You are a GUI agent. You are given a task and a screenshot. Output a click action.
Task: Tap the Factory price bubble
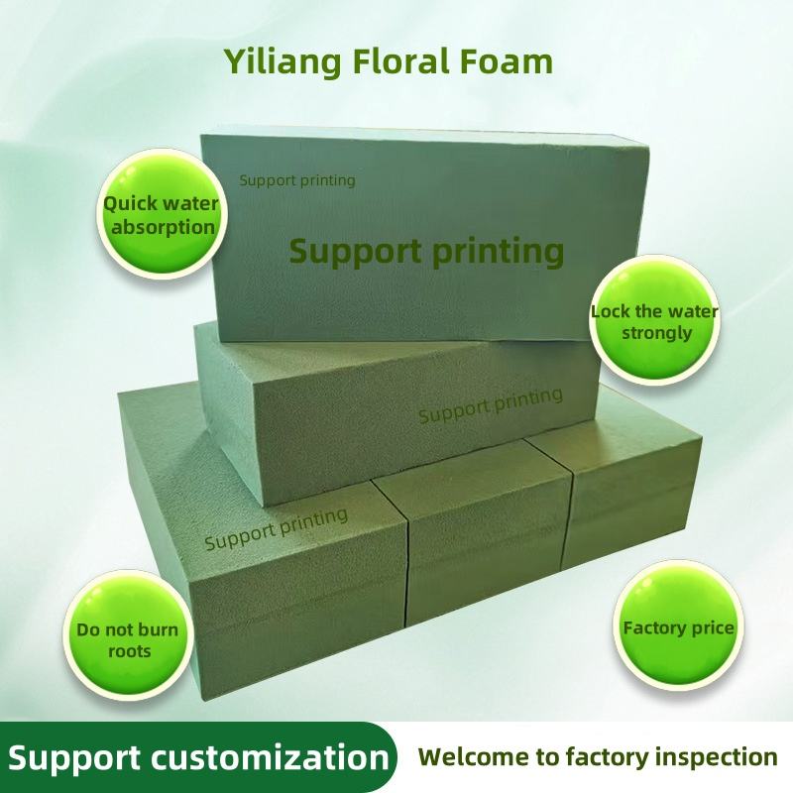point(678,627)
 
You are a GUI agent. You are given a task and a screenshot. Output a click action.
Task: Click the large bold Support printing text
point(426,250)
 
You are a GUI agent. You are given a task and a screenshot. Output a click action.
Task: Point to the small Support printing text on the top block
point(297,180)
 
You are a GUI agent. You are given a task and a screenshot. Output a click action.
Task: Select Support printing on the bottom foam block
point(276,528)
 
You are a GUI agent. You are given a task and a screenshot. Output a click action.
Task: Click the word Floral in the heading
point(400,62)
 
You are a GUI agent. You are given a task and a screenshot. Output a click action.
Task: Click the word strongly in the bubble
point(656,333)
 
